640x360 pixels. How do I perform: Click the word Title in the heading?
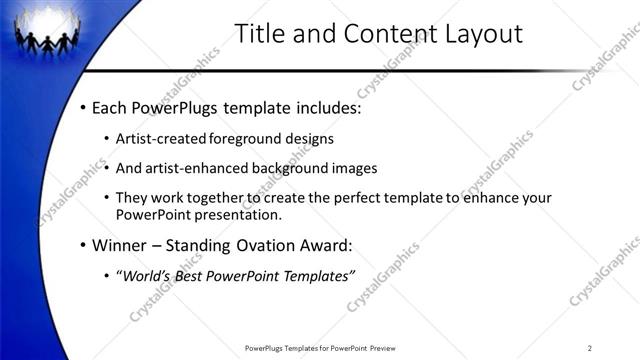(x=259, y=33)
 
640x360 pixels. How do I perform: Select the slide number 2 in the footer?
(x=589, y=348)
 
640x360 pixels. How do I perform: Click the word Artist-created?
(x=160, y=138)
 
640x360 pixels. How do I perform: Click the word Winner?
(x=120, y=245)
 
